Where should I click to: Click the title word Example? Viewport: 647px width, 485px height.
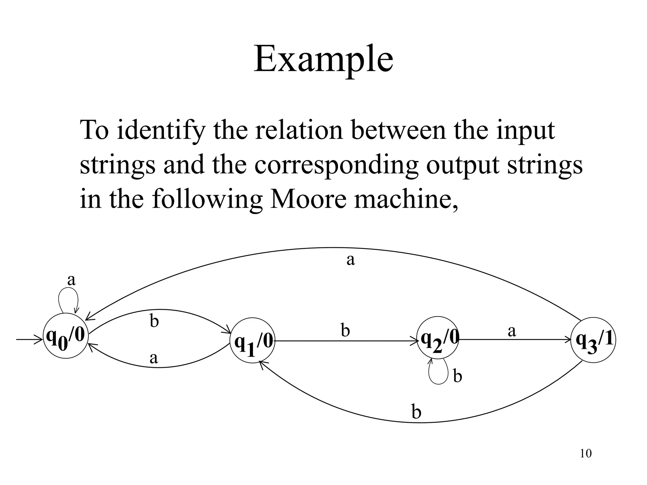tap(323, 60)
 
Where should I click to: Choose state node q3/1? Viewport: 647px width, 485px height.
tap(593, 340)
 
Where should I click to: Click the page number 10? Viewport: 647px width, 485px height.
tap(586, 454)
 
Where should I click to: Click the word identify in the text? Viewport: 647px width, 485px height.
tap(160, 130)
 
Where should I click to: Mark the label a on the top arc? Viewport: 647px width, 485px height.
tap(351, 260)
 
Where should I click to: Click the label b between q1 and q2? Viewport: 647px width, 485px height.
tap(345, 331)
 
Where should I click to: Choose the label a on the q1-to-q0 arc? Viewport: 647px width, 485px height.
tap(154, 358)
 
